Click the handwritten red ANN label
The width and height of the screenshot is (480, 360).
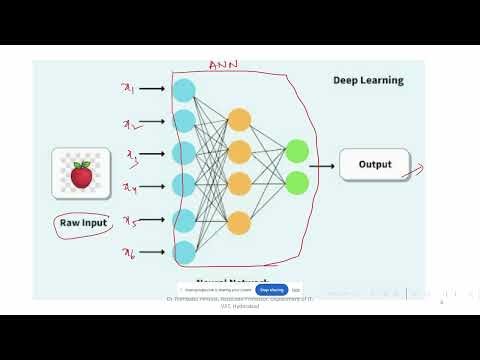pos(222,66)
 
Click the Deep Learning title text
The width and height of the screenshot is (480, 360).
pos(368,80)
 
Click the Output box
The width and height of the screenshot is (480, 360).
pos(375,164)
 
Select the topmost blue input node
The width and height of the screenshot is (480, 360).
pos(184,90)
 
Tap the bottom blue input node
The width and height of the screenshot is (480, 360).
pos(184,251)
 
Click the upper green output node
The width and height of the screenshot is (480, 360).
pos(296,152)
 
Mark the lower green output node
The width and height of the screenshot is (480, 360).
pos(296,183)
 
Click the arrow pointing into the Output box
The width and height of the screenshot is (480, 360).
pos(323,166)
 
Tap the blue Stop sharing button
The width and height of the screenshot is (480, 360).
pos(272,290)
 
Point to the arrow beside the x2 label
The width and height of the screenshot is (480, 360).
pos(153,122)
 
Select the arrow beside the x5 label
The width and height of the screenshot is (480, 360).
pos(153,219)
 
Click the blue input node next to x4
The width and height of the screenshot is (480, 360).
pos(184,185)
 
